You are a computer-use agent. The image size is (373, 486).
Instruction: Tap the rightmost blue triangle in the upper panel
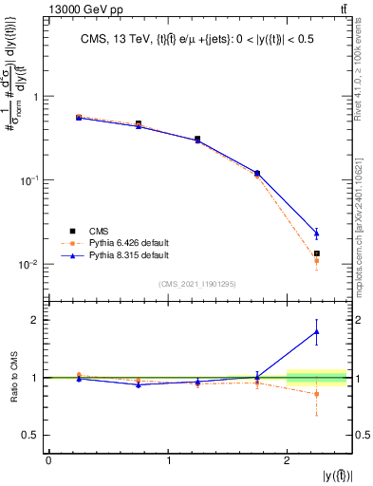(x=317, y=233)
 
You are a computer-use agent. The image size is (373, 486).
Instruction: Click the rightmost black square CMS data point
(x=317, y=253)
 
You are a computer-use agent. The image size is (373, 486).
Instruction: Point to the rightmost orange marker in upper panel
(x=317, y=261)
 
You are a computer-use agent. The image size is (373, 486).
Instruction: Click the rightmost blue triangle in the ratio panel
(x=317, y=331)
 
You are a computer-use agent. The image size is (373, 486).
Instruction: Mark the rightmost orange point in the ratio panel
(x=317, y=394)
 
